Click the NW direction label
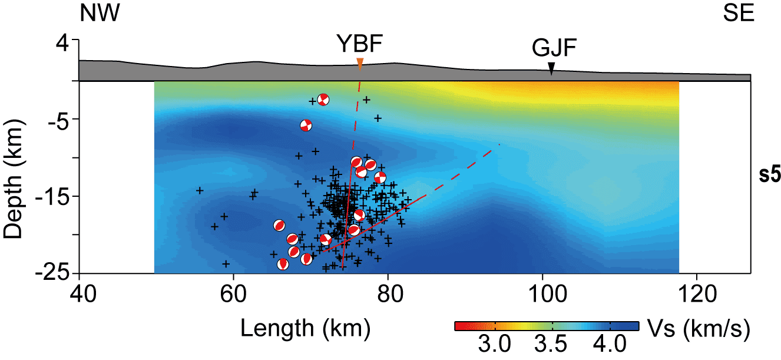click(100, 14)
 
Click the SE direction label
click(739, 14)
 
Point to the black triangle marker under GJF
click(551, 69)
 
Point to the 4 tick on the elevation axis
click(62, 42)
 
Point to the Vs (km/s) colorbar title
click(698, 331)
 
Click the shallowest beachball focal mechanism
click(322, 100)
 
